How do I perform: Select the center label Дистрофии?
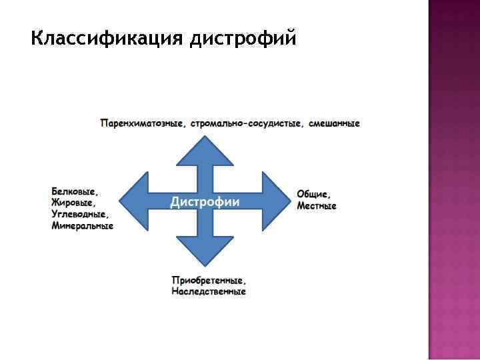(205, 202)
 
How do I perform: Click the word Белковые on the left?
(74, 191)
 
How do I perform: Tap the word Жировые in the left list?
(73, 202)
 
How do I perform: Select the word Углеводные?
(79, 214)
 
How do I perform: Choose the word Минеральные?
(82, 226)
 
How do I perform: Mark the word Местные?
(317, 206)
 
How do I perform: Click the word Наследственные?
(208, 291)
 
